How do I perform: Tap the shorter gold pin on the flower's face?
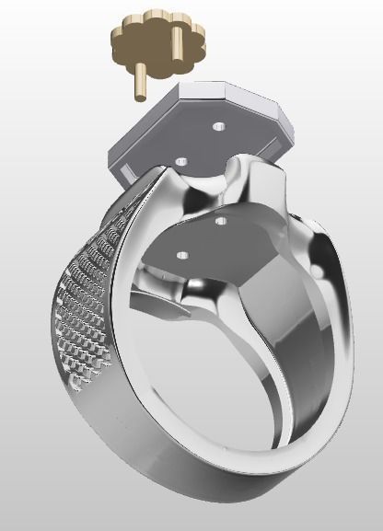(172, 43)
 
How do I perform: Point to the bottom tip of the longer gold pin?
(140, 95)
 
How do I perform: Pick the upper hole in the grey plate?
(217, 126)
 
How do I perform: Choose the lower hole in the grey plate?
(181, 162)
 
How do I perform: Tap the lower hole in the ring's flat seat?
(182, 254)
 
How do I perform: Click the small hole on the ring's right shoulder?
(319, 271)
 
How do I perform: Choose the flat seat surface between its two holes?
(203, 237)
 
